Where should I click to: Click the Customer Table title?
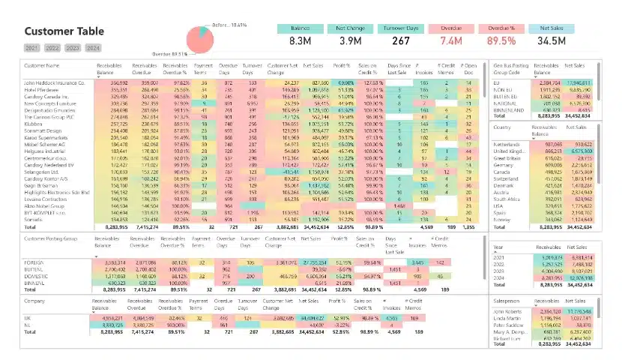pos(64,31)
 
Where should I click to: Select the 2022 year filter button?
pos(52,48)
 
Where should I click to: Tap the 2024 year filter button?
pos(92,48)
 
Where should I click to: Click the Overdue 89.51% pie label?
pos(169,55)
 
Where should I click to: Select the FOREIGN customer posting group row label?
pos(35,262)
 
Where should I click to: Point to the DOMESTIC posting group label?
pos(37,276)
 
